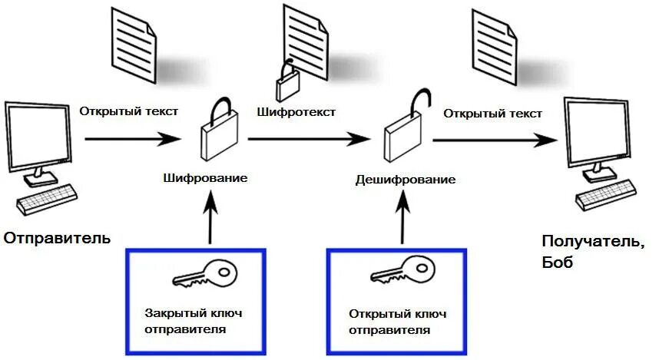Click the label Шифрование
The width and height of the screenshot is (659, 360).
click(205, 178)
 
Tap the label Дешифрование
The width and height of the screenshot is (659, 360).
click(406, 180)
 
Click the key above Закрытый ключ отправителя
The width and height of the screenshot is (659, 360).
click(204, 272)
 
